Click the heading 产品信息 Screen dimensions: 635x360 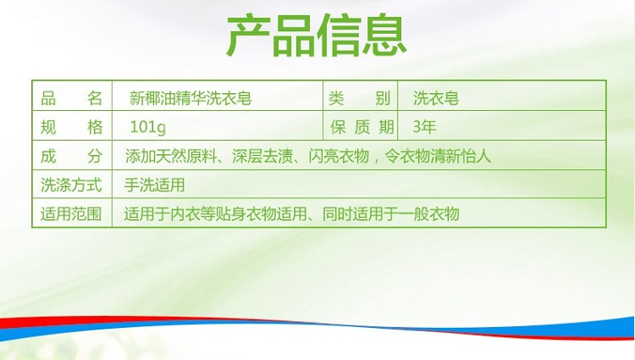coord(317,36)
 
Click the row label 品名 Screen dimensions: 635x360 coord(71,98)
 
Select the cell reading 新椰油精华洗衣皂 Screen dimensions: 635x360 coord(190,98)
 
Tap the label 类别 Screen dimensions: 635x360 coord(359,98)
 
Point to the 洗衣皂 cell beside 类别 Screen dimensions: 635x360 coord(436,98)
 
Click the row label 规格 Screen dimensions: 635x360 coord(71,127)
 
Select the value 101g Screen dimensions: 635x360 coord(148,128)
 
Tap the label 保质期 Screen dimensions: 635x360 coord(362,127)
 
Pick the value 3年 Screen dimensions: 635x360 coord(424,127)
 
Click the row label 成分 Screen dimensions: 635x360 coord(71,157)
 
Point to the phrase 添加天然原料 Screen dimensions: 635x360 coord(171,157)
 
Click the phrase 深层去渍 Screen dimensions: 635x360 coord(262,157)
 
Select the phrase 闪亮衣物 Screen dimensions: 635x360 coord(339,157)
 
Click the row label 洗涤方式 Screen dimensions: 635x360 coord(71,185)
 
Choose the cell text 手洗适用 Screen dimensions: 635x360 coord(155,185)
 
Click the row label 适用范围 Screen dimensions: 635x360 coord(71,213)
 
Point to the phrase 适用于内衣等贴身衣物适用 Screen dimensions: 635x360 coord(215,213)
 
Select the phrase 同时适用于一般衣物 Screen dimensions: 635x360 coord(391,213)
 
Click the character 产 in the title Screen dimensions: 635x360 coord(248,36)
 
